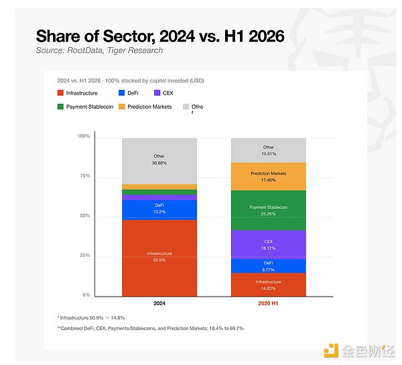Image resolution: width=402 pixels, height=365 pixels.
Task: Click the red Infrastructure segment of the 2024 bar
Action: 159,258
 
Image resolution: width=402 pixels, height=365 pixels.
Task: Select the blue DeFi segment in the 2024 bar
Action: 159,210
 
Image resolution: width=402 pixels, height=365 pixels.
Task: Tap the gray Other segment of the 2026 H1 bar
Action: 269,150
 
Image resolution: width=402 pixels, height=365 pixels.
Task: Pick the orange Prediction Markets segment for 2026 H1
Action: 269,176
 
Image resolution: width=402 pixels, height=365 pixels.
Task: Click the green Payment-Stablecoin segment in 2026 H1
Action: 269,211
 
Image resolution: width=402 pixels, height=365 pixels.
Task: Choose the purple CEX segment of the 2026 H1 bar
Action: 269,245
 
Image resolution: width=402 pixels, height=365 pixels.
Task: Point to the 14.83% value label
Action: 268,289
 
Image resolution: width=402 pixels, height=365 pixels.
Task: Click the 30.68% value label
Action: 159,163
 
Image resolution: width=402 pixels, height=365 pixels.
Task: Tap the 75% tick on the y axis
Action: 85,176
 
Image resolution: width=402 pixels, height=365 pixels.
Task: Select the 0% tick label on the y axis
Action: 86,295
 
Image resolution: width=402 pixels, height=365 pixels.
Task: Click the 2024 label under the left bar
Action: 159,303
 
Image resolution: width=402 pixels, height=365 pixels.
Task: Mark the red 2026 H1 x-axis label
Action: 268,303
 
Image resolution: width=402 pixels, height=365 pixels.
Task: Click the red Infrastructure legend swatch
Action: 60,93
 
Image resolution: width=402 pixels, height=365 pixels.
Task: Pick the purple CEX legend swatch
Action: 157,93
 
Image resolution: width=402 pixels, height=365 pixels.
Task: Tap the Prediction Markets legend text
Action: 149,107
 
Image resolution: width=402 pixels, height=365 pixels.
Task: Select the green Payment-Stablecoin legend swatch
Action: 60,107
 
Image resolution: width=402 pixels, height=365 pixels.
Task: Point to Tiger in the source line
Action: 116,50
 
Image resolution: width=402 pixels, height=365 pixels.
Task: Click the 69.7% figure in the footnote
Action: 238,328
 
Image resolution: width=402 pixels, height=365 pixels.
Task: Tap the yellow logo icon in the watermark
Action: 331,350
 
